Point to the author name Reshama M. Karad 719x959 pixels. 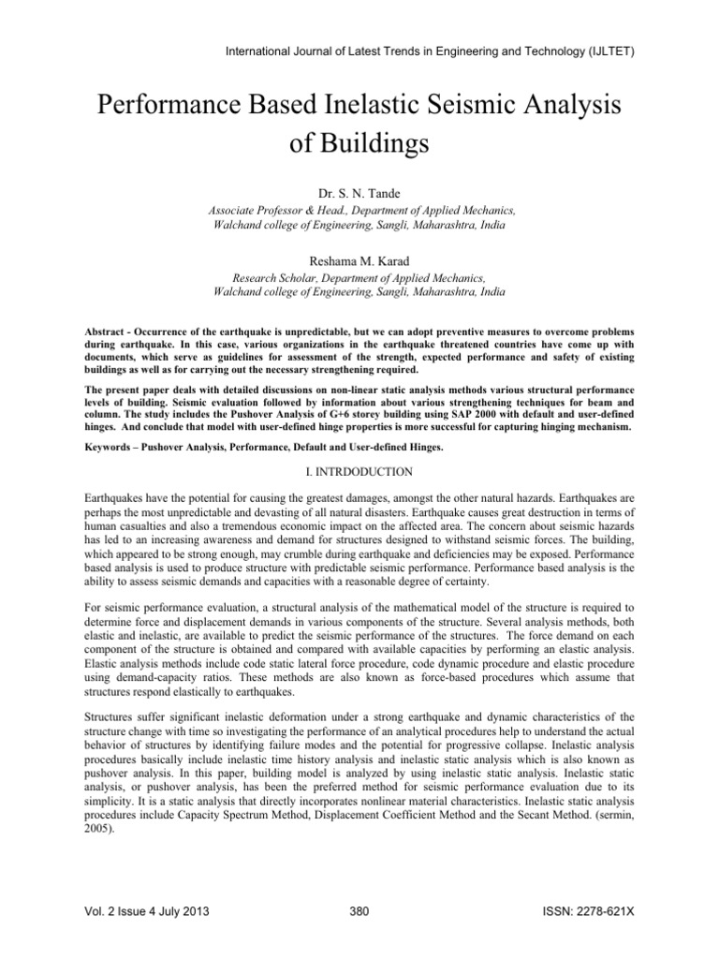(359, 262)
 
